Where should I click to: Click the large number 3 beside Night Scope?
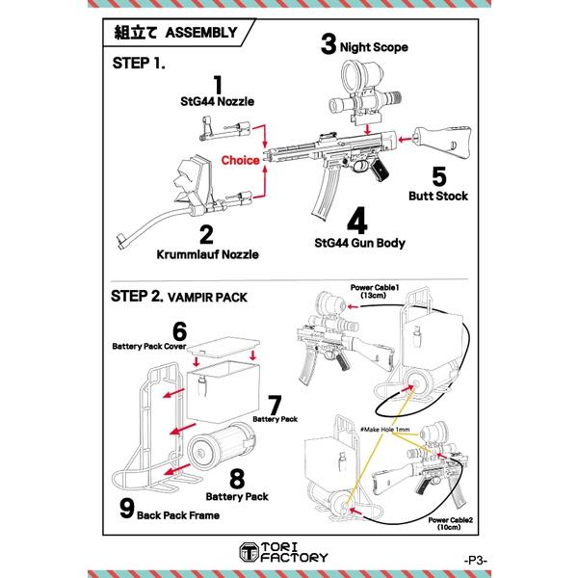pyautogui.click(x=328, y=44)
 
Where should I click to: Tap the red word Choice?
pyautogui.click(x=240, y=160)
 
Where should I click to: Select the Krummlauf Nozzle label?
pyautogui.click(x=207, y=254)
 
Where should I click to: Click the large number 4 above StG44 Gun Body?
pyautogui.click(x=357, y=221)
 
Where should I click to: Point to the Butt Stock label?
pyautogui.click(x=438, y=197)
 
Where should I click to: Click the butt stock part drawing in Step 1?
pyautogui.click(x=442, y=142)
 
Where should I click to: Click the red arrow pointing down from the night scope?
pyautogui.click(x=367, y=130)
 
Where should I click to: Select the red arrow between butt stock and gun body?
pyautogui.click(x=406, y=140)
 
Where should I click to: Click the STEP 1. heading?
pyautogui.click(x=139, y=63)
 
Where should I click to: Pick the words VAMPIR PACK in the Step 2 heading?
pyautogui.click(x=207, y=298)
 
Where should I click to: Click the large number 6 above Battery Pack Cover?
pyautogui.click(x=179, y=331)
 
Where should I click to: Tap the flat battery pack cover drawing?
pyautogui.click(x=224, y=347)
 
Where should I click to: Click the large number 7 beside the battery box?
pyautogui.click(x=275, y=406)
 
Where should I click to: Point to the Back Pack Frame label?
pyautogui.click(x=178, y=515)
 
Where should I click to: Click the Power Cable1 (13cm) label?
pyautogui.click(x=375, y=291)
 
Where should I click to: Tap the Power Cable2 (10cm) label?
pyautogui.click(x=450, y=523)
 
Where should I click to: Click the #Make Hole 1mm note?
pyautogui.click(x=384, y=430)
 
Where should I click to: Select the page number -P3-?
pyautogui.click(x=476, y=561)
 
